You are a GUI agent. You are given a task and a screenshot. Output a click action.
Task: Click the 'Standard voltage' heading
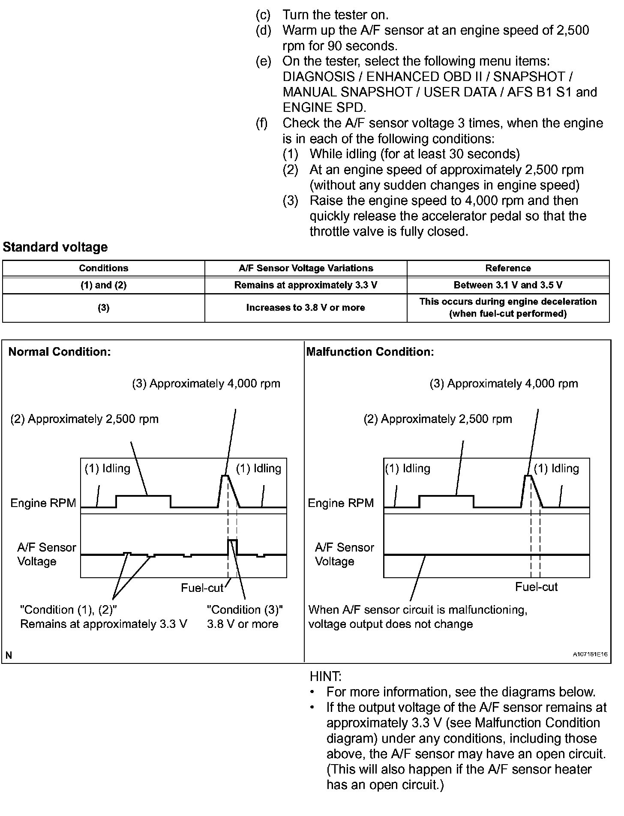55,247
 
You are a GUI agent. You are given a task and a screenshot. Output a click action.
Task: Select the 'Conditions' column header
103,268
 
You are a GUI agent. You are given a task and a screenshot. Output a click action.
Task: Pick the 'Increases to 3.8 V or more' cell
306,308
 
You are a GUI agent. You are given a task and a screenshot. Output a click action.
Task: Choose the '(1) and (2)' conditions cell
103,285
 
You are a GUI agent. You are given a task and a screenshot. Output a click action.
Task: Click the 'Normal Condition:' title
60,352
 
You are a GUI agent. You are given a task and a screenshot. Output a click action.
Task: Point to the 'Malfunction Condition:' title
370,352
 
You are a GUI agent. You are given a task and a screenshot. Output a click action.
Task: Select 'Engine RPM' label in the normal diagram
43,503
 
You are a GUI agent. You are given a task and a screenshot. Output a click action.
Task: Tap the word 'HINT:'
326,677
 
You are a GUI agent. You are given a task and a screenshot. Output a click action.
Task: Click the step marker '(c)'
263,15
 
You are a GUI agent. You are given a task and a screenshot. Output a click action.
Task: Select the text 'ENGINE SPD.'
324,108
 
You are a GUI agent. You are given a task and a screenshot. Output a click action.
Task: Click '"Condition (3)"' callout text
245,610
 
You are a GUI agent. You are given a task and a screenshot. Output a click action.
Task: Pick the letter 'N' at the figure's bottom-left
9,655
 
